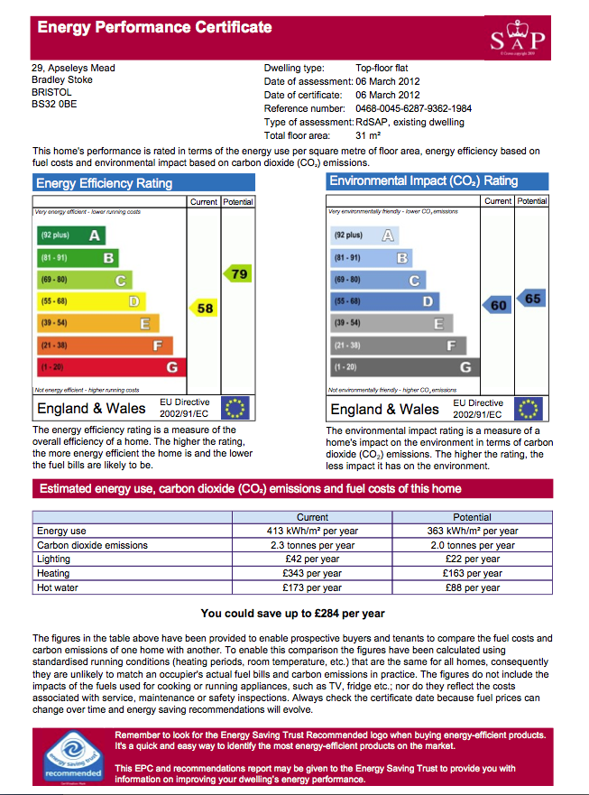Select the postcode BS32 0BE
[x=54, y=104]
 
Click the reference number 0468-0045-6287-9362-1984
[x=413, y=108]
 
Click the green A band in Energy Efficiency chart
[x=70, y=236]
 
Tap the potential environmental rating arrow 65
[x=532, y=299]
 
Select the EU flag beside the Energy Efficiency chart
[x=235, y=408]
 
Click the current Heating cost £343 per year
[x=312, y=573]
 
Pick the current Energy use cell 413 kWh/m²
[x=312, y=532]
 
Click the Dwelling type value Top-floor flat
[x=386, y=68]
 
